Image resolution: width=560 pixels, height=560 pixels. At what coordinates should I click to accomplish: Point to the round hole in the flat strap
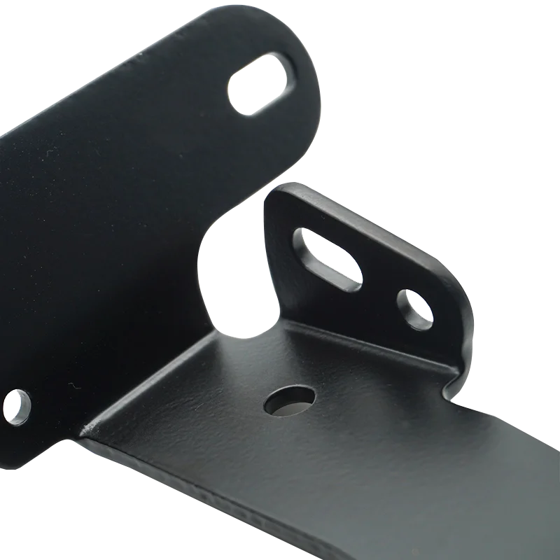coord(288,400)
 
